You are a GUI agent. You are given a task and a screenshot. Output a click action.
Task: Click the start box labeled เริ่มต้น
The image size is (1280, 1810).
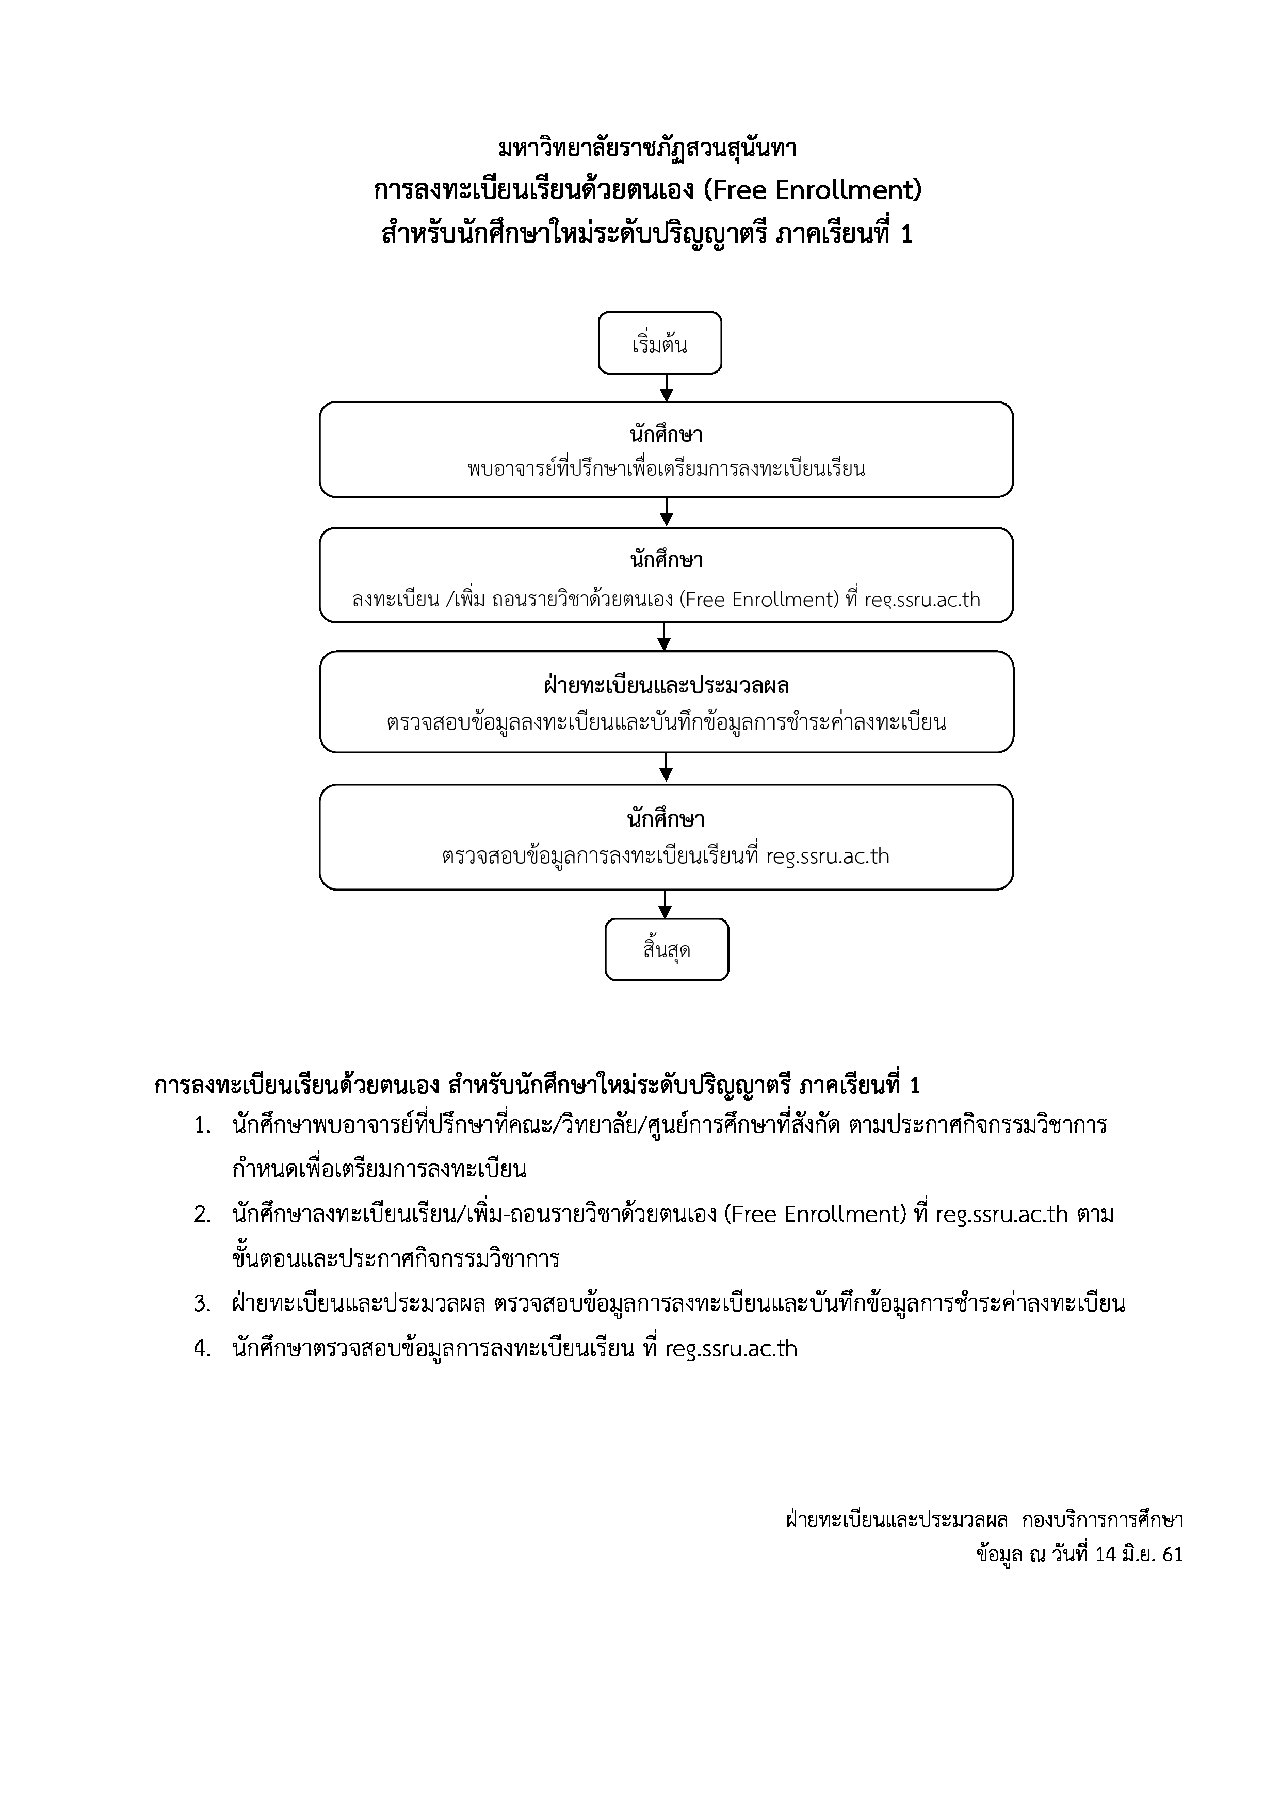coord(660,344)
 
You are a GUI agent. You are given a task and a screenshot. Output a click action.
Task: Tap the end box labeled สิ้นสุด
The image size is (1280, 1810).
coord(667,950)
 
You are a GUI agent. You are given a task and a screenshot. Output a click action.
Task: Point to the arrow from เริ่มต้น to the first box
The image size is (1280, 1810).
coord(667,388)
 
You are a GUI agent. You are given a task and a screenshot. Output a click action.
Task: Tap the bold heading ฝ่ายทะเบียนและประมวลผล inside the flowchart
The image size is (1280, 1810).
coord(666,686)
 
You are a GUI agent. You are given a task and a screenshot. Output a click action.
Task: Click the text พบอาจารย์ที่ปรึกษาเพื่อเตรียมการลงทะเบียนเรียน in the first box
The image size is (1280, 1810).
coord(666,469)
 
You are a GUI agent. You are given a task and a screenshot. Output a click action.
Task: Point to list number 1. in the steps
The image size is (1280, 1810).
coord(203,1126)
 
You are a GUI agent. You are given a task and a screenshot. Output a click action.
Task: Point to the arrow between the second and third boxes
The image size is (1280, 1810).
coord(665,637)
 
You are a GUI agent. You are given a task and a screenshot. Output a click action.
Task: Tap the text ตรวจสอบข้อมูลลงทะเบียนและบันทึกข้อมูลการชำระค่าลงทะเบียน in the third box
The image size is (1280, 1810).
coord(666,722)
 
